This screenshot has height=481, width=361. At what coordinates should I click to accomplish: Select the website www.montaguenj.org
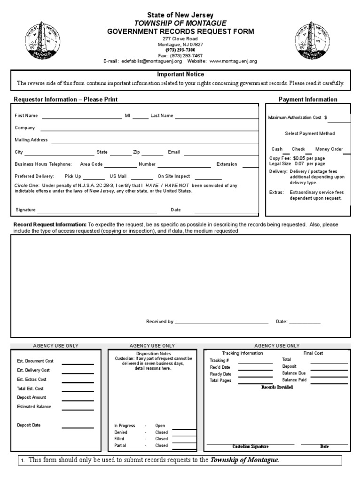233,61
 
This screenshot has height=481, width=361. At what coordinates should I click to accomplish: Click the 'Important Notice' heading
180,74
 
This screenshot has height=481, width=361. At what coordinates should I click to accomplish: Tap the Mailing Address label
31,140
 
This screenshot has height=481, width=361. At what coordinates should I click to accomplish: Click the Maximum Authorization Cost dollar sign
326,117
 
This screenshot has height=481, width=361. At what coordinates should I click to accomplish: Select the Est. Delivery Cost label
33,370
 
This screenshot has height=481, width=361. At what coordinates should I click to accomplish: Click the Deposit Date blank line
78,427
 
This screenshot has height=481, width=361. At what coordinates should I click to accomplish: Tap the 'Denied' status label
121,432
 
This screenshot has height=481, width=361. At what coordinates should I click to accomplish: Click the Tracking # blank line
255,363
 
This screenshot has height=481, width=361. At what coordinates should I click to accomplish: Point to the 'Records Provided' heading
277,387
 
